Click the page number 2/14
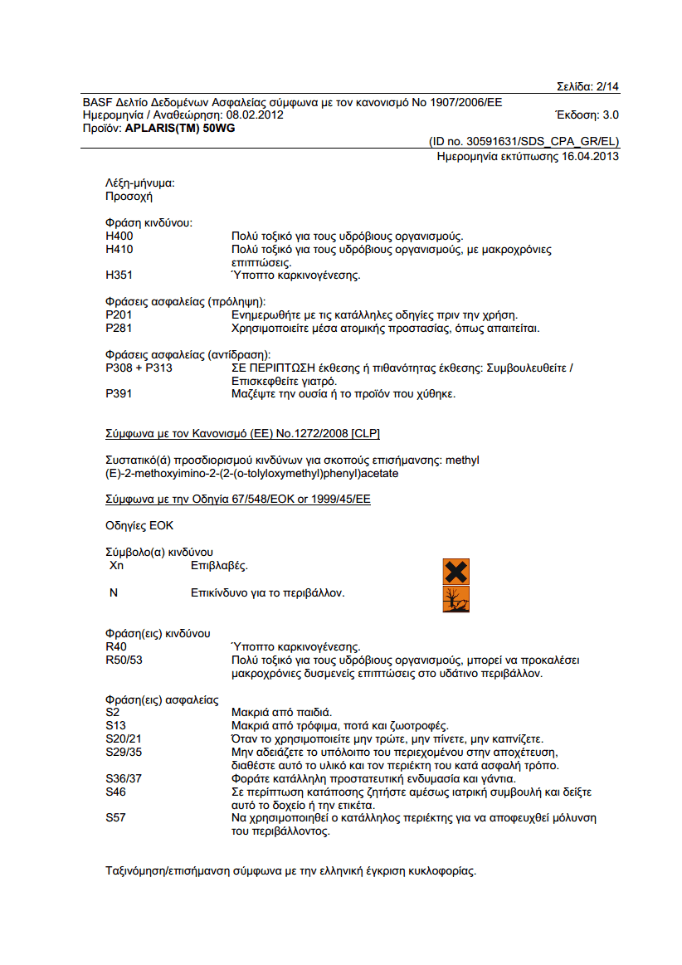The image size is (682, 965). [607, 86]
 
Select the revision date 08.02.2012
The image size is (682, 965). [256, 115]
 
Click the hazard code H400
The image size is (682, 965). [119, 236]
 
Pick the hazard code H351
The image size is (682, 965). [119, 275]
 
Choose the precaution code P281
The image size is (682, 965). [119, 328]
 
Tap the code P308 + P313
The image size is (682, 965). [139, 368]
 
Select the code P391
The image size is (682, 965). [119, 393]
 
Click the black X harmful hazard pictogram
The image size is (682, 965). [456, 571]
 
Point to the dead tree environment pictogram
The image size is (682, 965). [456, 598]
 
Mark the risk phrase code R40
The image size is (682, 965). [116, 646]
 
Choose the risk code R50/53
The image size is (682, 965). [124, 660]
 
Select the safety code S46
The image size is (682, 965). [116, 792]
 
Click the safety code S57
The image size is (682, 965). [116, 817]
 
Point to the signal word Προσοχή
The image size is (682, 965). [129, 197]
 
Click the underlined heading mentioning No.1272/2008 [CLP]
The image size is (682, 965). [242, 433]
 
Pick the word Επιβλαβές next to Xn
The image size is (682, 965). [220, 566]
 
